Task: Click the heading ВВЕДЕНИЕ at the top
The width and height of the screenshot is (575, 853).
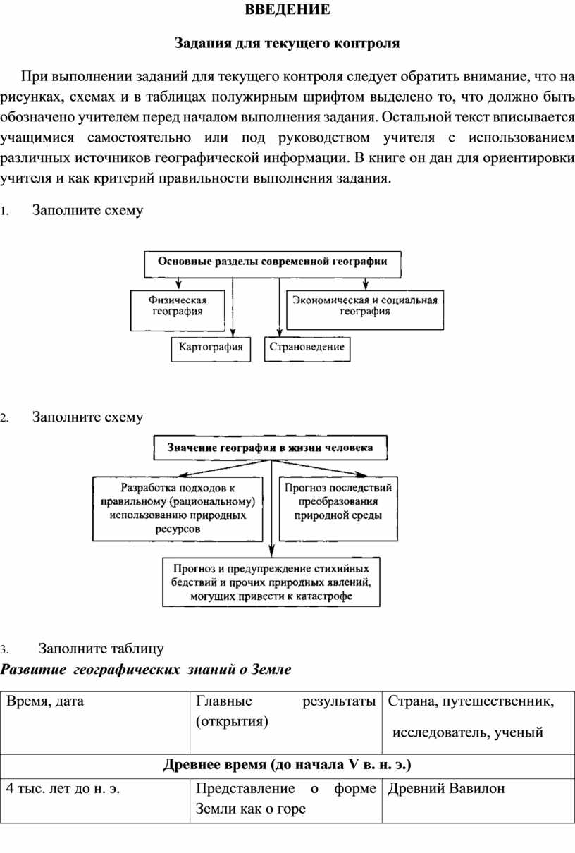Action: (x=287, y=10)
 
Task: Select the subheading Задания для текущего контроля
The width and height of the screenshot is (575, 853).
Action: (x=287, y=44)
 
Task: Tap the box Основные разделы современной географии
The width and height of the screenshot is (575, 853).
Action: (x=273, y=264)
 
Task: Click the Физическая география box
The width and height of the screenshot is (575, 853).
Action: (x=178, y=311)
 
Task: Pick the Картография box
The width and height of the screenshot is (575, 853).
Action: (x=211, y=349)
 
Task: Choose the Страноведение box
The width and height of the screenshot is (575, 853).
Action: (x=307, y=349)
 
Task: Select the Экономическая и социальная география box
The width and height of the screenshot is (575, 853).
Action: (x=365, y=310)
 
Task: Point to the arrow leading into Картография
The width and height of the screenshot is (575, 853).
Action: (x=233, y=307)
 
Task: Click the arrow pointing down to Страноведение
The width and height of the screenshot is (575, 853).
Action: (x=280, y=307)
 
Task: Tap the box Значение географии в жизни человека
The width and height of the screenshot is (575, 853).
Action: (x=270, y=448)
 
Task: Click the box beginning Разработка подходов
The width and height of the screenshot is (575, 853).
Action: (x=178, y=509)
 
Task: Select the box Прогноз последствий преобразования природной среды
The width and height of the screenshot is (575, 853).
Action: (x=338, y=509)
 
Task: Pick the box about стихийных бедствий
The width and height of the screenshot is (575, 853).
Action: (x=271, y=582)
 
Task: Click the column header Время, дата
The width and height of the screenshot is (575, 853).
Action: (x=45, y=701)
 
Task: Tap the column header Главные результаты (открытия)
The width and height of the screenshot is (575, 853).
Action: (x=286, y=711)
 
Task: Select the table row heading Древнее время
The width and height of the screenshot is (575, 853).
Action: (x=287, y=765)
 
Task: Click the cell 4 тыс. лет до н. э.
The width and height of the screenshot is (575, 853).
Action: (x=63, y=789)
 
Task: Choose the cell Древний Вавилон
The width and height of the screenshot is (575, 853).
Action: (x=446, y=789)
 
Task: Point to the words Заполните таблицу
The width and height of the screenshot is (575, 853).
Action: (x=101, y=649)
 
